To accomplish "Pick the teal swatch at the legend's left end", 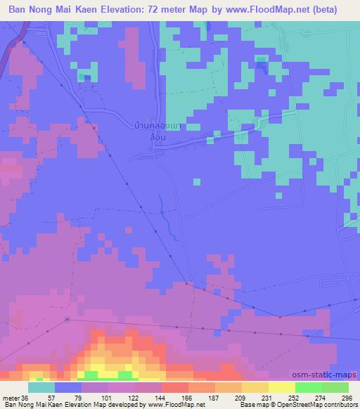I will click(x=41, y=387).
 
